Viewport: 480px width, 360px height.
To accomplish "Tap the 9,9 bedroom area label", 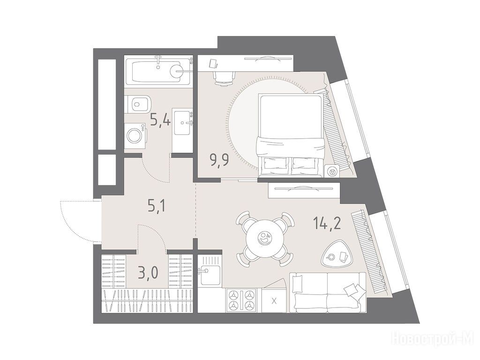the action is pyautogui.click(x=219, y=160).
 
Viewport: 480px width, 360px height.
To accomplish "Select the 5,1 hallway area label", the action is pyautogui.click(x=157, y=206).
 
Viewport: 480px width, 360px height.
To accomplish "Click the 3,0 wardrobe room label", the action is pyautogui.click(x=148, y=272).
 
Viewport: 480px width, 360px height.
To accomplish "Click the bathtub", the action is pyautogui.click(x=158, y=72).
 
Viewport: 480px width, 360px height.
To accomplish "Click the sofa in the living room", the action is pyautogui.click(x=328, y=292).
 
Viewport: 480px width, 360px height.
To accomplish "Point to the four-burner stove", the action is pyautogui.click(x=242, y=300).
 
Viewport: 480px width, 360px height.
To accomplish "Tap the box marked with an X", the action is pyautogui.click(x=274, y=300).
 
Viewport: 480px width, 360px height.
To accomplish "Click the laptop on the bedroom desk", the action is pyautogui.click(x=213, y=63).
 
